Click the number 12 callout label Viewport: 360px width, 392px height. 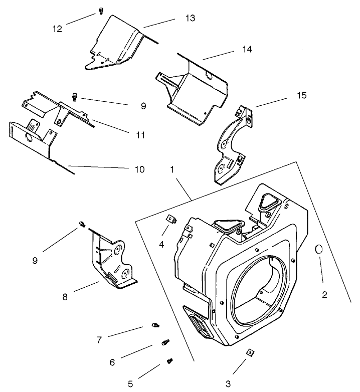pyautogui.click(x=57, y=29)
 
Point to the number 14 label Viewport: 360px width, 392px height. pyautogui.click(x=246, y=50)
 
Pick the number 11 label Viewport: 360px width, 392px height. pyautogui.click(x=140, y=135)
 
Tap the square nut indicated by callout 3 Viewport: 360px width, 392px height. pyautogui.click(x=249, y=353)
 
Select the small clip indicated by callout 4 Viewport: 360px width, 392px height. pyautogui.click(x=170, y=219)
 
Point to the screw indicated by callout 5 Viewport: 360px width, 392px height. pyautogui.click(x=170, y=360)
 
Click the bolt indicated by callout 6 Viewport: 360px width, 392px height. pyautogui.click(x=165, y=342)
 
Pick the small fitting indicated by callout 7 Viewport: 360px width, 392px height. pyautogui.click(x=155, y=326)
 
